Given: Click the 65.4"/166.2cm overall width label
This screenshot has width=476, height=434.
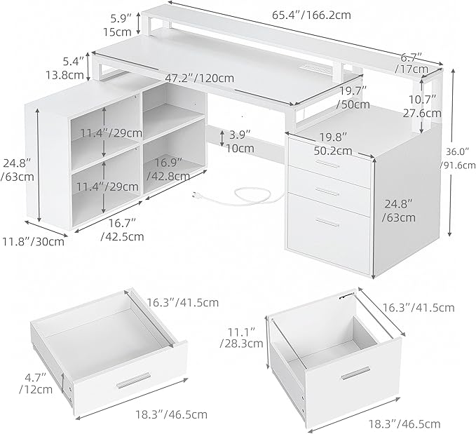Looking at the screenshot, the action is [311, 15].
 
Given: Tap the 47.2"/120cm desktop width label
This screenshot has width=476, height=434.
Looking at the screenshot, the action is [200, 78].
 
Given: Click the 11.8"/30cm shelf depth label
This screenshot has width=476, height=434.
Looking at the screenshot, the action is [34, 242].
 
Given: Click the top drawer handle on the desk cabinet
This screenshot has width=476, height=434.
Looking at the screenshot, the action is [327, 163].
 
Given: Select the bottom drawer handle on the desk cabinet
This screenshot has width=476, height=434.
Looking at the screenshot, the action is [327, 222].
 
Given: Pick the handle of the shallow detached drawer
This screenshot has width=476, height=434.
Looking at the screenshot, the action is [134, 380].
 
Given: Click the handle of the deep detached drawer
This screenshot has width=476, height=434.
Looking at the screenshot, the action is [355, 373].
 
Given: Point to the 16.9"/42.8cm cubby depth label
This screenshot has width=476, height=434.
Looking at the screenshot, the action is [168, 169].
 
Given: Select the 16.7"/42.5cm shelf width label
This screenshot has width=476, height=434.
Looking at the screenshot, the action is [122, 229].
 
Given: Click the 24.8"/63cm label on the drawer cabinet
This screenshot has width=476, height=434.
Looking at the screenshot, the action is [399, 210].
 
